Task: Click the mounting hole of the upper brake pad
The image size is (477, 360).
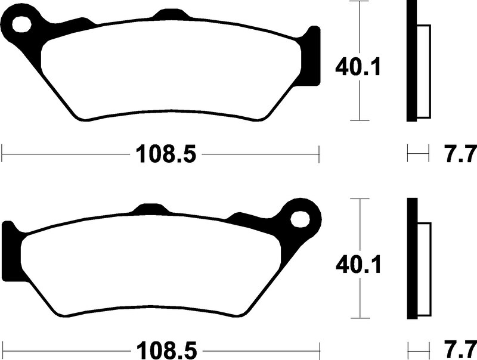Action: click(22, 24)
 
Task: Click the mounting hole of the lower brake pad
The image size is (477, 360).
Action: click(301, 219)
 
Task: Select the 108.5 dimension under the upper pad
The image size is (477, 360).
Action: click(166, 154)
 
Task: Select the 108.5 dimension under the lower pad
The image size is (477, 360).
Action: click(167, 350)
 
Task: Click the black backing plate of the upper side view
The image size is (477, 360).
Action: click(411, 61)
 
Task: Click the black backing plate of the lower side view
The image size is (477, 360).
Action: click(412, 259)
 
